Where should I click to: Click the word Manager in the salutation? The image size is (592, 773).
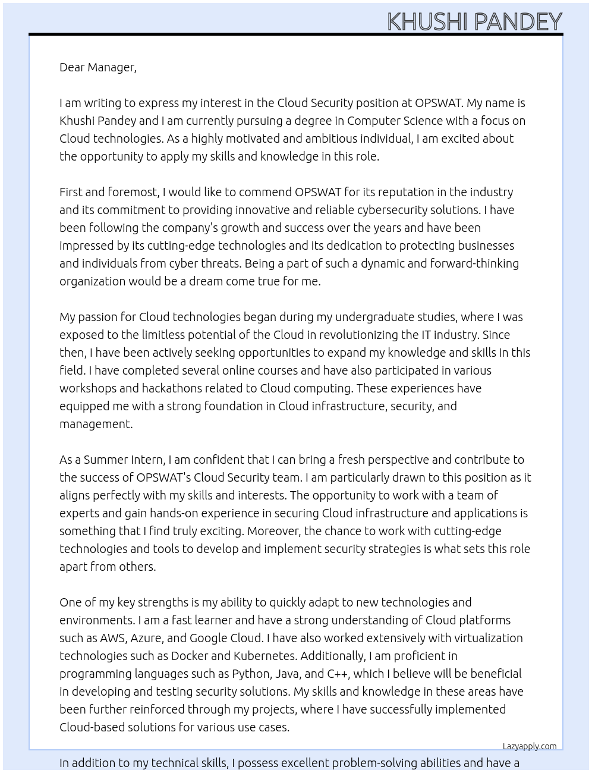pos(112,67)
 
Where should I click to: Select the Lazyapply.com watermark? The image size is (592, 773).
pos(530,746)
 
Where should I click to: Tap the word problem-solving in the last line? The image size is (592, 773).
pos(374,763)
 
